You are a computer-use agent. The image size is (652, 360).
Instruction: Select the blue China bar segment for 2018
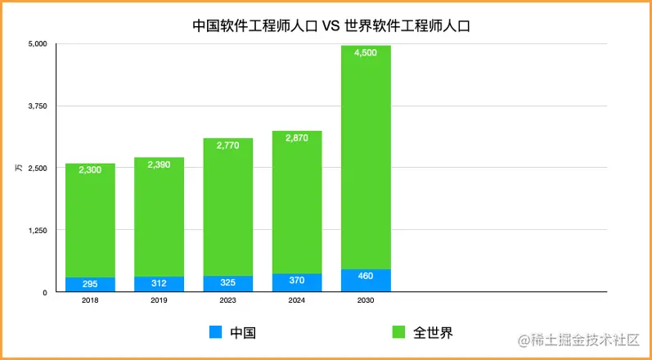point(90,284)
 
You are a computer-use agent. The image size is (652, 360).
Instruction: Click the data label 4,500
point(366,53)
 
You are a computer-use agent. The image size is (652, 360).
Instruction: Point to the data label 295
point(90,284)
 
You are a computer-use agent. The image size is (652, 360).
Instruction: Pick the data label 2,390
point(159,165)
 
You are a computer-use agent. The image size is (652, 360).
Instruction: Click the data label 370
point(297,281)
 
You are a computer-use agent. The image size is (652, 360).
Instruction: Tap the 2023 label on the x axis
point(227,300)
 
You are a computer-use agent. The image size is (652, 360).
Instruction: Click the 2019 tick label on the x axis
point(159,300)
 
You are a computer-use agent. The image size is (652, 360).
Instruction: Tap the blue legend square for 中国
point(216,332)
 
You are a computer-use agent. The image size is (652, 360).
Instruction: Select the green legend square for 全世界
point(398,332)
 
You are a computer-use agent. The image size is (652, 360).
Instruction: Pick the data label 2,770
point(227,146)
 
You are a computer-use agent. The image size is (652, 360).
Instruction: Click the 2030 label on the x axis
point(366,300)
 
